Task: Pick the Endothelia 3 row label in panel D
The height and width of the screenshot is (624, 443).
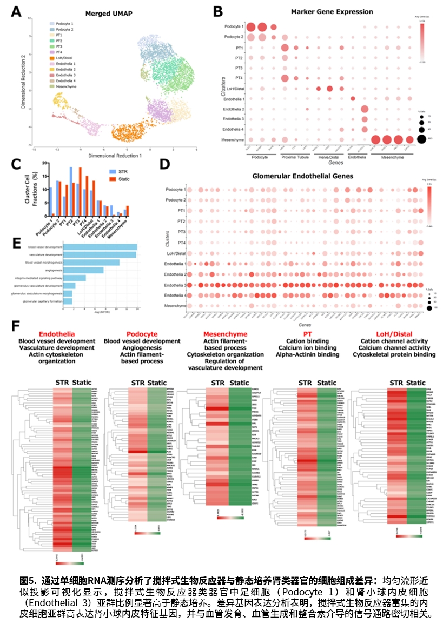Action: click(174, 285)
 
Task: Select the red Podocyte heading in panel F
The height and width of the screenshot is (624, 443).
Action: click(142, 334)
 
